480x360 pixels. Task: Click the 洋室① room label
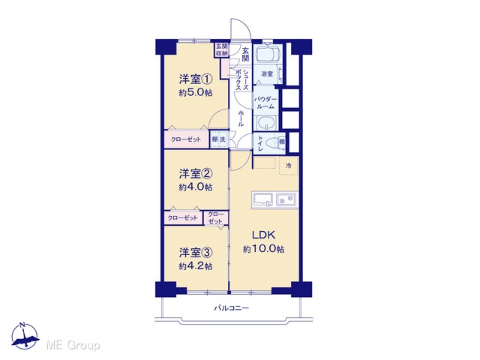point(196,79)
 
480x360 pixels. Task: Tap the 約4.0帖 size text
point(196,187)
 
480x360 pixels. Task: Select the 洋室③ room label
point(196,253)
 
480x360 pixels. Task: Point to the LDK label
point(263,235)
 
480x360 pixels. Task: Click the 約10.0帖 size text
point(263,249)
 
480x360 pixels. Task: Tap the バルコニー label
point(231,308)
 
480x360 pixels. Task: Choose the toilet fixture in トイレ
point(272,142)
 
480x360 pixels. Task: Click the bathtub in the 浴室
point(268,54)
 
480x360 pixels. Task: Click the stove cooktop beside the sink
point(286,200)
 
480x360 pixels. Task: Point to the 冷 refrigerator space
point(288,166)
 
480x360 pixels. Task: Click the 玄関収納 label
point(222,49)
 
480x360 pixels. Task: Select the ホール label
point(241,118)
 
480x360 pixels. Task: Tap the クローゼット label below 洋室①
point(186,139)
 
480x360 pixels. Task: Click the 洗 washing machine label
point(223,139)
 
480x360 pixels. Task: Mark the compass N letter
point(22,325)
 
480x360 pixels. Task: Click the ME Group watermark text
point(73,346)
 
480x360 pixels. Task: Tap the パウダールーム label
point(265,103)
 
